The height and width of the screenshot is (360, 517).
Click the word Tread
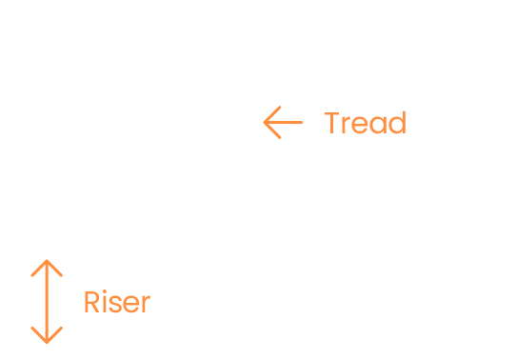pos(365,124)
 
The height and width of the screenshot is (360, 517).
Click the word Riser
pos(117,303)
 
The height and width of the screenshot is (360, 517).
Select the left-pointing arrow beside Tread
pos(282,123)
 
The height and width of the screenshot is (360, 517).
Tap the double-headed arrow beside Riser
pos(46,301)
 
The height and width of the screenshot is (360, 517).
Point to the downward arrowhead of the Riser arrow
pos(46,337)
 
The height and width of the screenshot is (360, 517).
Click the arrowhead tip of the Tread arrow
pos(265,123)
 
